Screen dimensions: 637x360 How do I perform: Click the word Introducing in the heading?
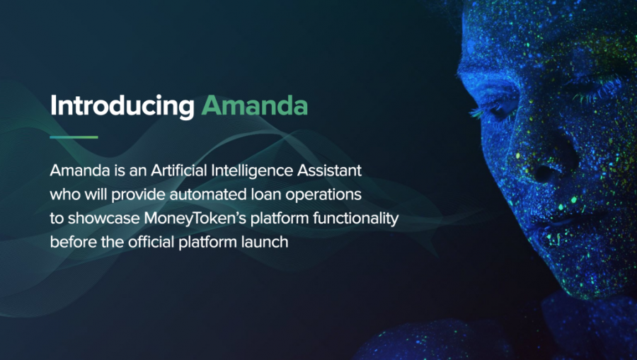tap(122, 107)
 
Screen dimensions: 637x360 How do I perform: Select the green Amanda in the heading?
tap(255, 105)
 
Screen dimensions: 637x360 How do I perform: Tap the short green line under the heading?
tap(74, 137)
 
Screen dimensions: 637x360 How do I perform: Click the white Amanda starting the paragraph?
tap(80, 170)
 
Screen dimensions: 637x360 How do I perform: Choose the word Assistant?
tap(329, 170)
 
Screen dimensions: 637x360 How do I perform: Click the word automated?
tap(208, 194)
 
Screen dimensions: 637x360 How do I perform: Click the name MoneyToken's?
tap(195, 219)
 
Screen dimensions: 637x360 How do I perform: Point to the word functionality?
tap(355, 219)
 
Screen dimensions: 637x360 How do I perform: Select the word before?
tap(73, 243)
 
